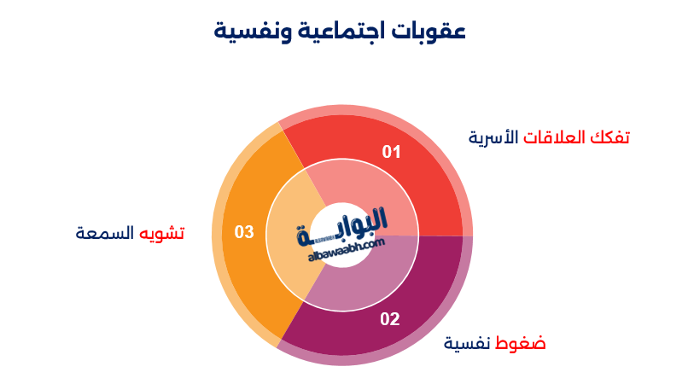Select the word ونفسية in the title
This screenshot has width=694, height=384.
[x=250, y=33]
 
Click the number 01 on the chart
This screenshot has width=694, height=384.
[x=391, y=153]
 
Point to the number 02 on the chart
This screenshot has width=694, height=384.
[x=390, y=319]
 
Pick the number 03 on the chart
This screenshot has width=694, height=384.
[x=244, y=231]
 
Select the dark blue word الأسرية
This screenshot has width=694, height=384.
[x=494, y=137]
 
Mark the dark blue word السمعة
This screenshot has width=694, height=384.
[x=106, y=233]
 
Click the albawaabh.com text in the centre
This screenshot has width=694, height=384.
[x=342, y=248]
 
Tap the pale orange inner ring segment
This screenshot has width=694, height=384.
[x=286, y=247]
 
